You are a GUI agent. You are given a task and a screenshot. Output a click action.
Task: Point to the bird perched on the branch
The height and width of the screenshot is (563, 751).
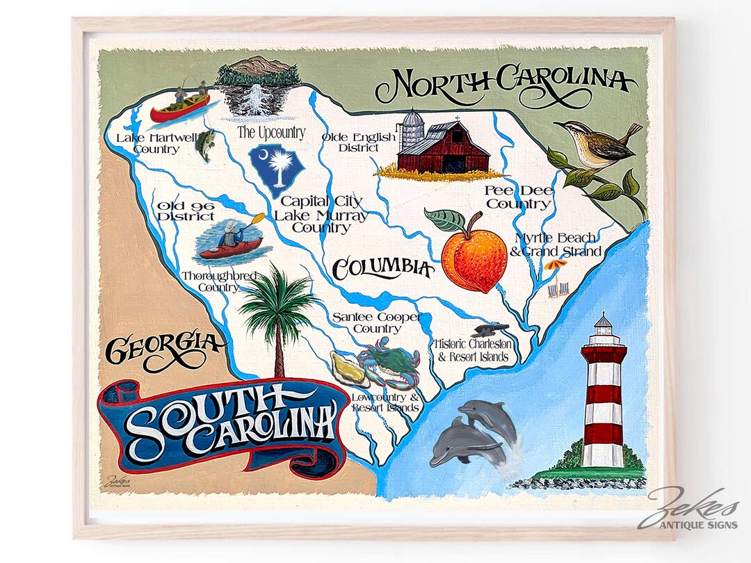pos(598,144)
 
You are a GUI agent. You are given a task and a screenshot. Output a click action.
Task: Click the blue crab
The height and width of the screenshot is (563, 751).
pos(389,362)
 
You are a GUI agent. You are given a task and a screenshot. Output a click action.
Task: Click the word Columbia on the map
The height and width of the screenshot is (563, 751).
pos(382,267)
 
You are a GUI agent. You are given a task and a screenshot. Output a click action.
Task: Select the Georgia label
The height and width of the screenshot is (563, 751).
pos(164,348)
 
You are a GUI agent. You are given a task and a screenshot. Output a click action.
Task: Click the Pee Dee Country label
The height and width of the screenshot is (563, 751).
pos(518,197)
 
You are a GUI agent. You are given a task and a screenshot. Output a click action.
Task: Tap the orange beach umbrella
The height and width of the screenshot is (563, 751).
pos(555,265)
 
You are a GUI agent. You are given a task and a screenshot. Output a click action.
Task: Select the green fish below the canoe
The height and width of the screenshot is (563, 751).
pos(204,145)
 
